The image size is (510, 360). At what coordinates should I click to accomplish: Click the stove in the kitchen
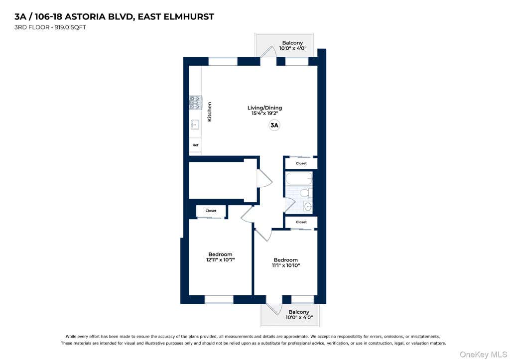click(195, 103)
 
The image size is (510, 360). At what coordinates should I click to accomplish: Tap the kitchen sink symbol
click(195, 125)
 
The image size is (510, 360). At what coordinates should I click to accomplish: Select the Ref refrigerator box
click(195, 145)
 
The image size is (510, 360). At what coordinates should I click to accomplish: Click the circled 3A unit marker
click(274, 125)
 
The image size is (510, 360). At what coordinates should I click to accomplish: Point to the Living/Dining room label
click(265, 108)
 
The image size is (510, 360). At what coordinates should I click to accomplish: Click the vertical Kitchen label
click(210, 112)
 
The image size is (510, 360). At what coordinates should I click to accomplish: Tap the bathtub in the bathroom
click(299, 179)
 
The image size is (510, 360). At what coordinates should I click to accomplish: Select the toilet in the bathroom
click(305, 193)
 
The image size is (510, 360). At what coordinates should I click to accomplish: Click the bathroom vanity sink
click(308, 206)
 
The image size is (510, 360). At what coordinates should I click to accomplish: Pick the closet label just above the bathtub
click(301, 163)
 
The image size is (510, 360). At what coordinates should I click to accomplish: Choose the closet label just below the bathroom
click(301, 222)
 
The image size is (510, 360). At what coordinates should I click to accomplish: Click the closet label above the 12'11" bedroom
click(211, 211)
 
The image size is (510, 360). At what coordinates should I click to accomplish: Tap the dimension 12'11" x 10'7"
click(220, 260)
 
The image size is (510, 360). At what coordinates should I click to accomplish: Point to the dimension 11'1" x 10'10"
click(286, 265)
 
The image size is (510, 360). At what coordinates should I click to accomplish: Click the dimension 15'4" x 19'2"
click(265, 113)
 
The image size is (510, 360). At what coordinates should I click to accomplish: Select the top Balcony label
click(292, 43)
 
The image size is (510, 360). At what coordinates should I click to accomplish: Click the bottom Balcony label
click(299, 312)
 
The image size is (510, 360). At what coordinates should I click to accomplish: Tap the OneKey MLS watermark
click(483, 354)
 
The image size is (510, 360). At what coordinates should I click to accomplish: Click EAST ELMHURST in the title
click(176, 16)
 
